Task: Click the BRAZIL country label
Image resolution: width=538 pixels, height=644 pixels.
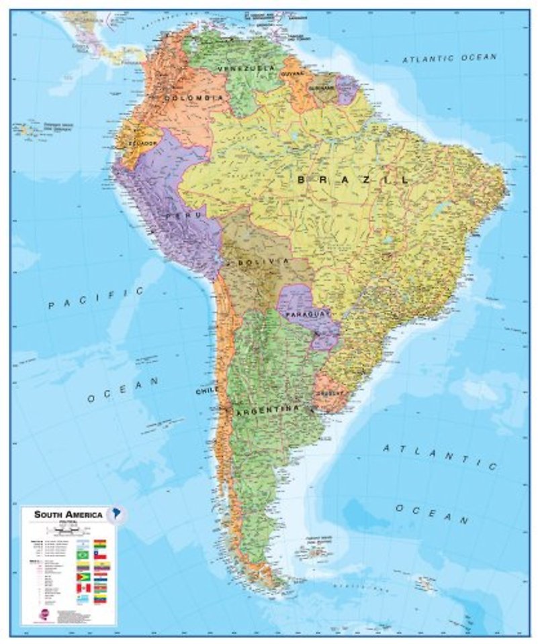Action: point(353,180)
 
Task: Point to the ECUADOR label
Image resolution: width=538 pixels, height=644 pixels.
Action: point(143,143)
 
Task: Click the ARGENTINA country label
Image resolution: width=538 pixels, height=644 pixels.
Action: point(265,407)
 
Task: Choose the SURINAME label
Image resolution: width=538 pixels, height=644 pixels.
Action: point(322,89)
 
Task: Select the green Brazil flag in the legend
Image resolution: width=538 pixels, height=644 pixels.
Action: point(84,555)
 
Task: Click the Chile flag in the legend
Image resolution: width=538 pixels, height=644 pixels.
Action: point(100,555)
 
